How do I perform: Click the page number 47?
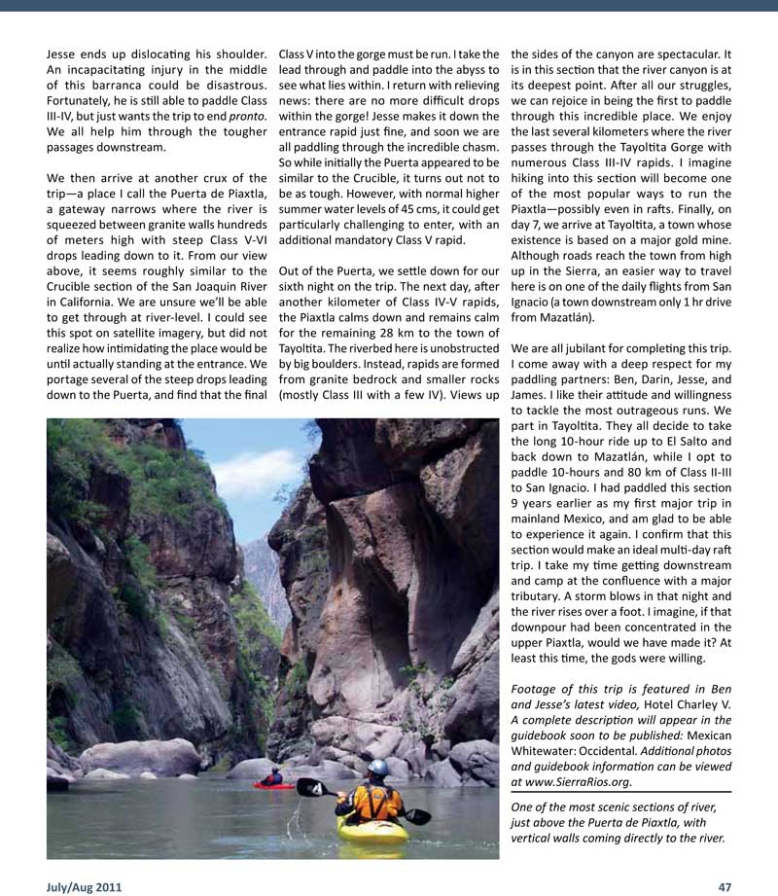point(724,886)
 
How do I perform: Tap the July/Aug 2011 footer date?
point(84,886)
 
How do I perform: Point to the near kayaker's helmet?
point(378,769)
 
